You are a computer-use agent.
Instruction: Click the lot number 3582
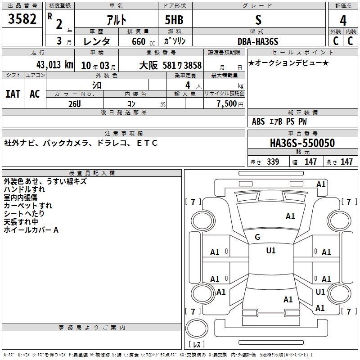(22, 19)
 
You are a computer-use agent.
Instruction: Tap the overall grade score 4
(343, 21)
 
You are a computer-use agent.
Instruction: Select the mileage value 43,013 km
(54, 65)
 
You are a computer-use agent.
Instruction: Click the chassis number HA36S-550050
(302, 143)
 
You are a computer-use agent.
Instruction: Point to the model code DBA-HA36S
(258, 41)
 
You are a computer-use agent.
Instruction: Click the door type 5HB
(174, 20)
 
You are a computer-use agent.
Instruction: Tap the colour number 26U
(75, 104)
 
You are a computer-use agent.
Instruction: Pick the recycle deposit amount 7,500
(227, 103)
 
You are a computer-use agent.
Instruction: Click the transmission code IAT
(13, 94)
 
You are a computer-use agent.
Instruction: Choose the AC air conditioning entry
(35, 94)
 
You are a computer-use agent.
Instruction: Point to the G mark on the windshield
(257, 237)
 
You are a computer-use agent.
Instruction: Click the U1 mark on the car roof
(271, 251)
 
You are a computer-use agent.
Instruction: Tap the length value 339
(273, 162)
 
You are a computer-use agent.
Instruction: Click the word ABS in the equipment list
(258, 121)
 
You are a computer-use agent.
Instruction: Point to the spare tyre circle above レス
(197, 328)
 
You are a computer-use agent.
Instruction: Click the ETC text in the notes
(147, 143)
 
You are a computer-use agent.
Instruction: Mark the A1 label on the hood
(290, 216)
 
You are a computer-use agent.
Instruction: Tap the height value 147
(346, 162)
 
